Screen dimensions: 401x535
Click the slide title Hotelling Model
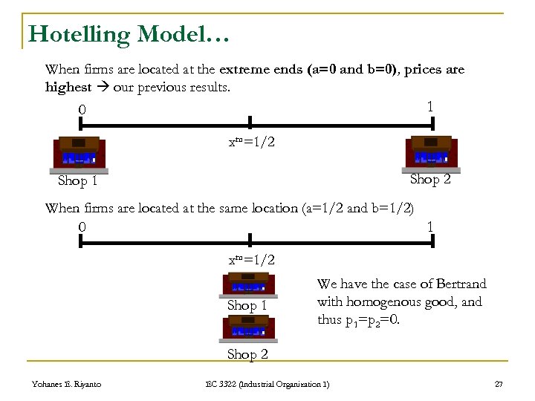click(129, 33)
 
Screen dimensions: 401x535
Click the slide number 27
click(499, 383)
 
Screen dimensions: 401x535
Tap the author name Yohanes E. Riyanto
click(66, 383)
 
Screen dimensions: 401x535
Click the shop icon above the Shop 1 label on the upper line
click(79, 154)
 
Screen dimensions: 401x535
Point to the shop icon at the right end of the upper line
click(430, 153)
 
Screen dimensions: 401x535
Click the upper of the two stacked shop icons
click(249, 285)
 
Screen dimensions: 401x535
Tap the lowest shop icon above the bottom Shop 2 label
click(249, 327)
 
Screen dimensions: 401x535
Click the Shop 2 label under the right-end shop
click(430, 179)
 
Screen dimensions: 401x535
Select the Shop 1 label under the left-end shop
click(78, 181)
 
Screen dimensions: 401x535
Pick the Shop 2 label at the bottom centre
click(247, 354)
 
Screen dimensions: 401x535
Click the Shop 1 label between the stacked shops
click(247, 305)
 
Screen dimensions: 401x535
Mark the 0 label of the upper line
click(82, 110)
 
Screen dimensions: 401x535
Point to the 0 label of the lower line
click(82, 226)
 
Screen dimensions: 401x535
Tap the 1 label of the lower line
click(429, 226)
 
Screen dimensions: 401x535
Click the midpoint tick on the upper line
click(250, 123)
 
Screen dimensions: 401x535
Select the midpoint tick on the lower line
click(250, 240)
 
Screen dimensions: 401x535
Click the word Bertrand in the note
click(459, 284)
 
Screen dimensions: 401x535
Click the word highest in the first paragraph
click(68, 87)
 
